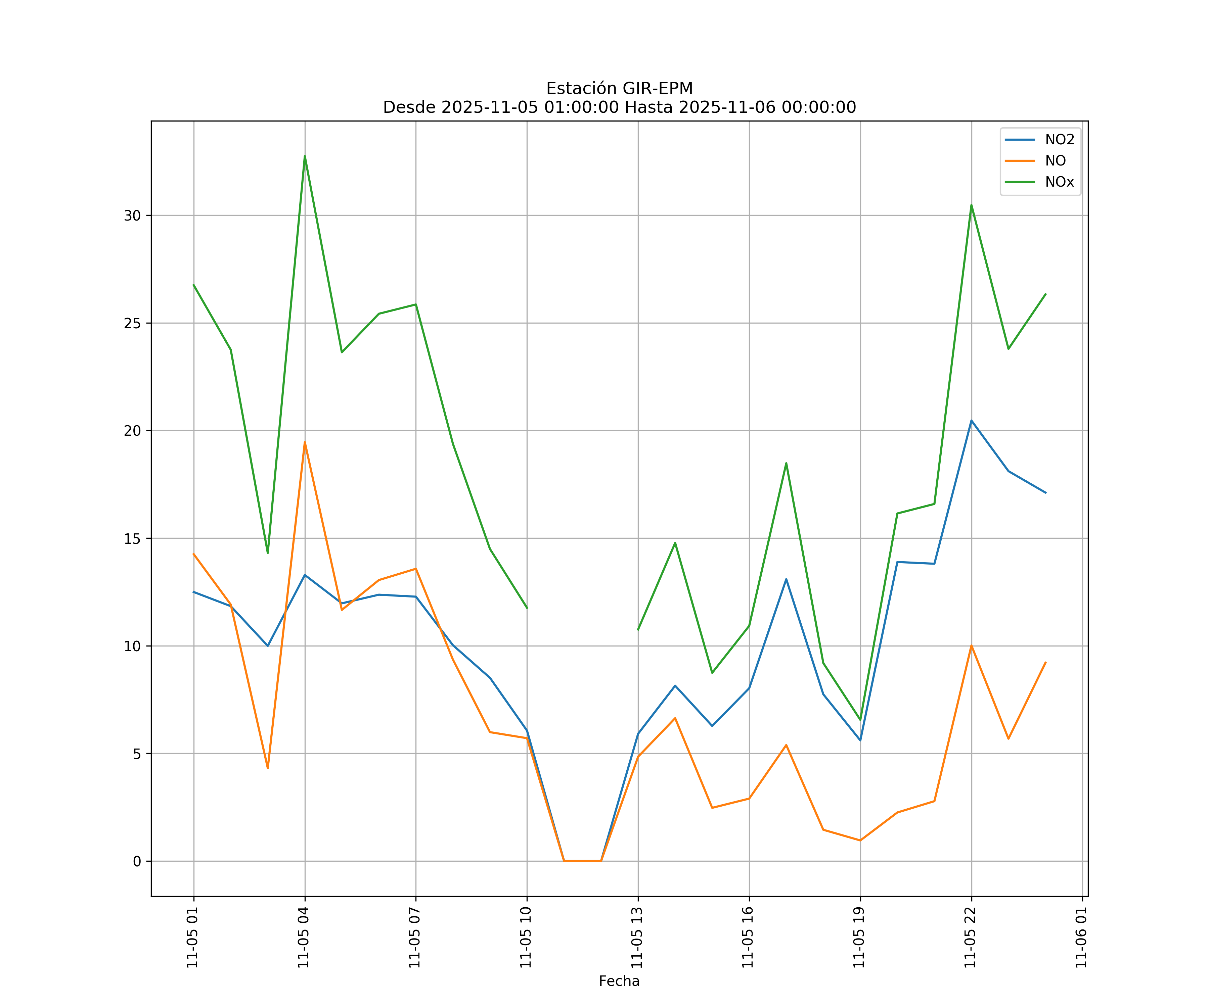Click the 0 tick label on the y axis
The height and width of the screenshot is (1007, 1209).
click(136, 861)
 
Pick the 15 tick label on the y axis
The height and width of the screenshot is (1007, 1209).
click(132, 539)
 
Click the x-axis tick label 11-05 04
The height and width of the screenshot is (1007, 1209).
click(304, 938)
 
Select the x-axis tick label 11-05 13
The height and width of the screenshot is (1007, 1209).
click(637, 938)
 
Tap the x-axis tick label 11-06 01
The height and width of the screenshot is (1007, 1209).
click(1081, 938)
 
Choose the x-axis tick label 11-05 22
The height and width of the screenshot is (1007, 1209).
click(970, 938)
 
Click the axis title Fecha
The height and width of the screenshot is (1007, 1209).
click(619, 981)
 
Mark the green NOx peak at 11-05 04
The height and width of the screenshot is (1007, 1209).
click(305, 156)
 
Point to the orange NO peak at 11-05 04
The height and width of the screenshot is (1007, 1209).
click(305, 442)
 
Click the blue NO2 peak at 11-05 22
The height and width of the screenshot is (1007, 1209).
click(971, 421)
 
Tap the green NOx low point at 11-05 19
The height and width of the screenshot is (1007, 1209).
click(860, 720)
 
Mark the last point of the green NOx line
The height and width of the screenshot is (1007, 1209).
click(1045, 294)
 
